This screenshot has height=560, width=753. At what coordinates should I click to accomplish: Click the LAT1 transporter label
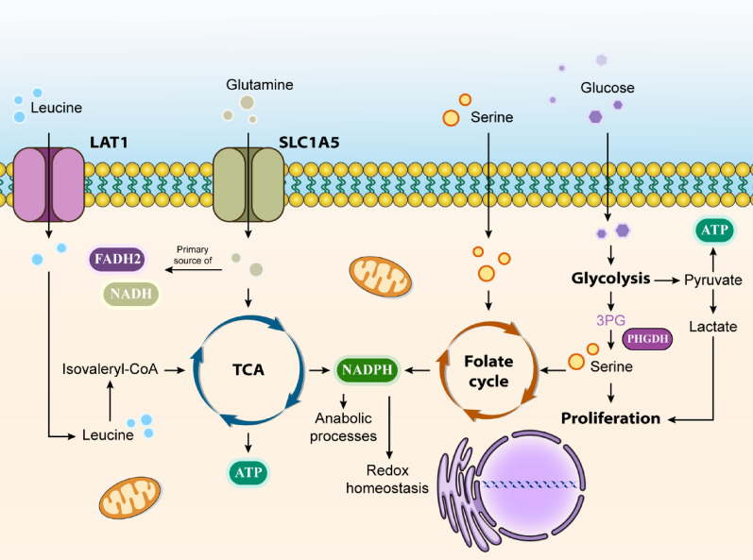[x=109, y=143]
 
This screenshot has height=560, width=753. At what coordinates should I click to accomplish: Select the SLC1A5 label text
[x=309, y=143]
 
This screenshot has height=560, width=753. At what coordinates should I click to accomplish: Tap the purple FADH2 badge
[x=117, y=259]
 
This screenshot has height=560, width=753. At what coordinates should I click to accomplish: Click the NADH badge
[x=130, y=293]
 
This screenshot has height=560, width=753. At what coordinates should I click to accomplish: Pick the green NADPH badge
[x=368, y=369]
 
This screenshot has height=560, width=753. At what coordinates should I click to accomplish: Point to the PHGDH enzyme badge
[x=647, y=339]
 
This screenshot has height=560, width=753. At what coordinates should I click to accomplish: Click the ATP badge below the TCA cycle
[x=248, y=472]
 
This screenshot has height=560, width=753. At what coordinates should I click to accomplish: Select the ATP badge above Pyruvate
[x=714, y=229]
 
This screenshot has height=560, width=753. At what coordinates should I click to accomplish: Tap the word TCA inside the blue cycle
[x=248, y=369]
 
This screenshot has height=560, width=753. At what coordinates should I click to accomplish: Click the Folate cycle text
[x=488, y=371]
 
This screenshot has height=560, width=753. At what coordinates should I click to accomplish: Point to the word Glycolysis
[x=611, y=279]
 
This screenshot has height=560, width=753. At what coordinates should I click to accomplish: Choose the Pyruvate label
[x=713, y=280]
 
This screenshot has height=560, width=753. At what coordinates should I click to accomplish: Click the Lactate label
[x=713, y=327]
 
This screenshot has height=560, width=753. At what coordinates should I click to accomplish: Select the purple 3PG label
[x=611, y=320]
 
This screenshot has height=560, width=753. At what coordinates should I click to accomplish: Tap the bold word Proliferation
[x=611, y=418]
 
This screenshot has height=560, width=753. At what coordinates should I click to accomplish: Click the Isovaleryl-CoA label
[x=110, y=369]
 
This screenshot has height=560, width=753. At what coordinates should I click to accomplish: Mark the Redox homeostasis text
[x=387, y=479]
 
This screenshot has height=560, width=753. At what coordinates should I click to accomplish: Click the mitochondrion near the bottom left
[x=130, y=498]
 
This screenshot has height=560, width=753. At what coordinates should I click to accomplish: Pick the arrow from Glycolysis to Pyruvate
[x=667, y=280]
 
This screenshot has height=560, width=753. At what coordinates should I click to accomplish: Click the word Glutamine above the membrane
[x=259, y=85]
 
